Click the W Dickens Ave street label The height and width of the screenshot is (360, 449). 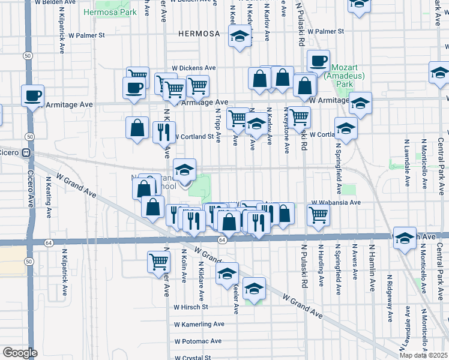tap(193, 68)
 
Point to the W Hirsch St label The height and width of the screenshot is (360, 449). tap(191, 307)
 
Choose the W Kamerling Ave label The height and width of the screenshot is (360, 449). tap(199, 324)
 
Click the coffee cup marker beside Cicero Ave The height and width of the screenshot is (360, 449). tap(32, 95)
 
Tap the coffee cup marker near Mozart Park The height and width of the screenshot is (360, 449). tap(318, 60)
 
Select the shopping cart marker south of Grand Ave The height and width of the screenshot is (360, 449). tap(158, 261)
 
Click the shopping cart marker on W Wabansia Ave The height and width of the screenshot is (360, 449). tap(318, 214)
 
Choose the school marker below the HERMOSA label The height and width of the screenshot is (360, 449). tap(240, 37)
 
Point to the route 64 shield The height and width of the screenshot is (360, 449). tap(221, 241)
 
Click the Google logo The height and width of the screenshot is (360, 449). tap(20, 353)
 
